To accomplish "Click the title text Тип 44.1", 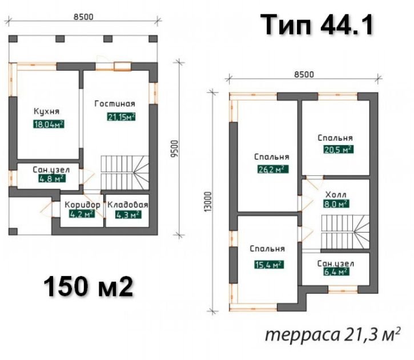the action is [317, 25].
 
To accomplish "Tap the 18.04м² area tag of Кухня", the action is [49, 124].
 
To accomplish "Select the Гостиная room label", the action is [115, 103].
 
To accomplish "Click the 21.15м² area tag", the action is [122, 117].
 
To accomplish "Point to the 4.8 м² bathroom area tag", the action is [52, 178].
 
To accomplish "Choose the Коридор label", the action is [82, 205].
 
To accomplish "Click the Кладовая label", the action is [128, 205].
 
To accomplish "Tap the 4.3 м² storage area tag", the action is [128, 215].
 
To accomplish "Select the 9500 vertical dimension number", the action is [175, 149].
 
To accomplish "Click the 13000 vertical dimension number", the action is [208, 202].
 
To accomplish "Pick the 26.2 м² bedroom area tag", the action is [273, 169].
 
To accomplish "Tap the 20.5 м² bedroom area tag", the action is [339, 150].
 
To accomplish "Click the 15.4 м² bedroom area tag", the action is [269, 265].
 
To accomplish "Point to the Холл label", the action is [336, 195].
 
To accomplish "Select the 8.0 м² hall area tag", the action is [336, 204].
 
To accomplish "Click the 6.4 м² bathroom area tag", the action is [336, 271].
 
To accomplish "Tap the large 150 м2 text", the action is [88, 287].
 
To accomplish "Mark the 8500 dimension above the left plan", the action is [83, 17].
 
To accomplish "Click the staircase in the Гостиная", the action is [125, 173].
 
